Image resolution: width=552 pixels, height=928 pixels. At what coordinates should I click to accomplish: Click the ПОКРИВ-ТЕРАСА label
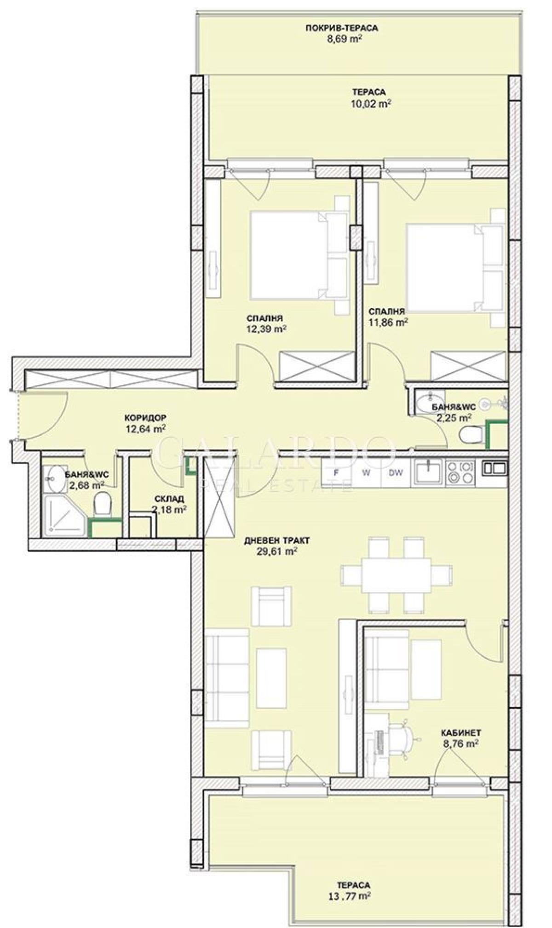point(341,28)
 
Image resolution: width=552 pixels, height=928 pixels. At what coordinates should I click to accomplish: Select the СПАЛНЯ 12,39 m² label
point(267,323)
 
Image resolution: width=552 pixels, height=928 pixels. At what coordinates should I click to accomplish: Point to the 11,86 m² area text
point(388,323)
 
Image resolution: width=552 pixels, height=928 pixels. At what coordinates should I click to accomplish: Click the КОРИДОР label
point(145,418)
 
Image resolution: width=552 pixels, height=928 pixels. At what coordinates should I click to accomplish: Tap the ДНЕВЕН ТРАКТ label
point(277,540)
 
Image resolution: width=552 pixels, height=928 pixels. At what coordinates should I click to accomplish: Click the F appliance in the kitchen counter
point(336,472)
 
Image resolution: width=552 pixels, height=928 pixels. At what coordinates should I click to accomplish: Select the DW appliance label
point(395,472)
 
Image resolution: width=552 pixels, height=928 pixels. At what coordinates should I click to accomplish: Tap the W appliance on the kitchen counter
point(366,472)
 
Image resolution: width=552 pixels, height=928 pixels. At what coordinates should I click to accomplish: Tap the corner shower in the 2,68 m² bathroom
point(64,517)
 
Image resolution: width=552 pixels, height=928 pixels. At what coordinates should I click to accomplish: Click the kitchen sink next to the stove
point(428,472)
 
